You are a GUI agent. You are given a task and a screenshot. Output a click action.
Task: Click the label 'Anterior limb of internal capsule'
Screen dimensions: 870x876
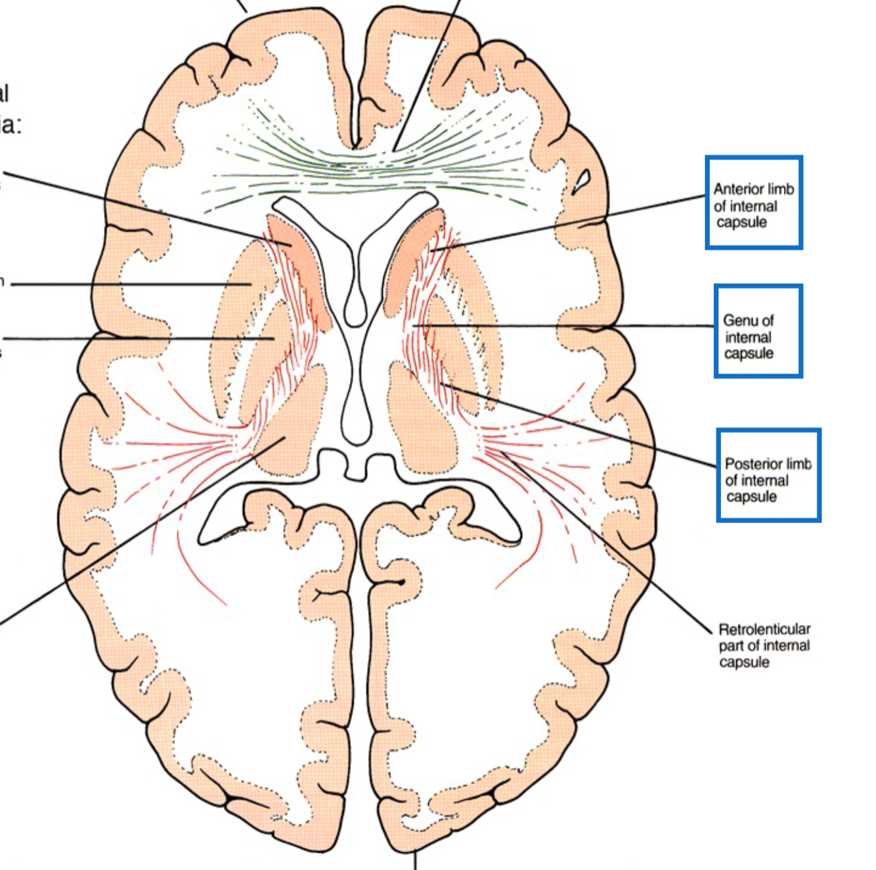(753, 204)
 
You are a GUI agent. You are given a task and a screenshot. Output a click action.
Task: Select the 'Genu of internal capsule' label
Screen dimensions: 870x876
(757, 331)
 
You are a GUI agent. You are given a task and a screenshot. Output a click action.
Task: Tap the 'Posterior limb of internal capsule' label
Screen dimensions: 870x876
(768, 476)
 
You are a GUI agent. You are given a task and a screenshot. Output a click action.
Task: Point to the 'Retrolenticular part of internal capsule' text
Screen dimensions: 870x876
(764, 645)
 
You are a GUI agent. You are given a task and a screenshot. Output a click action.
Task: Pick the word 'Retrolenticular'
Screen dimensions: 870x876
(764, 629)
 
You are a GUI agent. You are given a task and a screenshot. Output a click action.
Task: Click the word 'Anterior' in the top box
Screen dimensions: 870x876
(737, 189)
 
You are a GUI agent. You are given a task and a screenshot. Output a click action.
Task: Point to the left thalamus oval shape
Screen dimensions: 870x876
(296, 421)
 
